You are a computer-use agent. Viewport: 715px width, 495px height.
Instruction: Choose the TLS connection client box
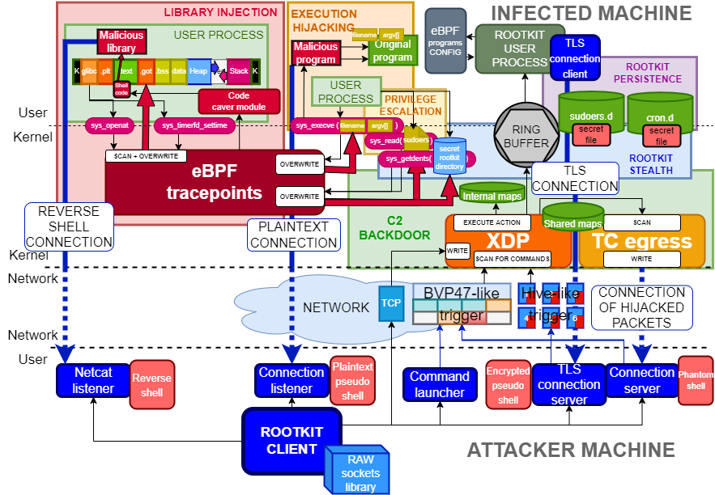coord(575,58)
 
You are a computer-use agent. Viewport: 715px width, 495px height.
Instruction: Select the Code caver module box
coord(239,101)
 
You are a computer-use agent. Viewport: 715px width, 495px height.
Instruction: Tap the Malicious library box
coord(121,41)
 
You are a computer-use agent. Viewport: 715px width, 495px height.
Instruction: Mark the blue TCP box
coord(391,303)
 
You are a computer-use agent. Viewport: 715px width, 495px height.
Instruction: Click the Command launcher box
coord(439,384)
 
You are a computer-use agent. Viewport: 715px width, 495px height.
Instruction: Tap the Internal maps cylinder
coord(492,194)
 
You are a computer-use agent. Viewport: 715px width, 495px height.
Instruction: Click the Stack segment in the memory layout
coord(239,71)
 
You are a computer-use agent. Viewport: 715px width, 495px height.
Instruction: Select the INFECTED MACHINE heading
coord(591,14)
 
